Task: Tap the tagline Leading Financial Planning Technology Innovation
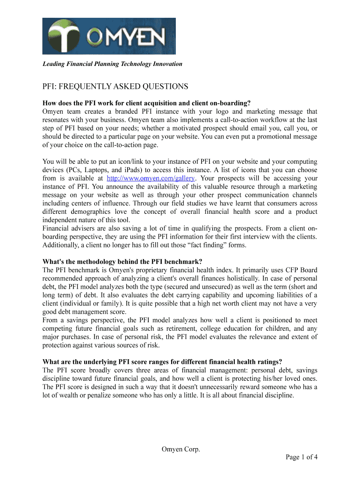pyautogui.click(x=112, y=64)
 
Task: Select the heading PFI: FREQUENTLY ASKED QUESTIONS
pyautogui.click(x=115, y=87)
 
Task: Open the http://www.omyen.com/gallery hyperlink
pyautogui.click(x=151, y=178)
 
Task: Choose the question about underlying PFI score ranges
pyautogui.click(x=162, y=362)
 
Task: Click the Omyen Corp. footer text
pyautogui.click(x=180, y=450)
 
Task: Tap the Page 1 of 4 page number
pyautogui.click(x=302, y=457)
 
